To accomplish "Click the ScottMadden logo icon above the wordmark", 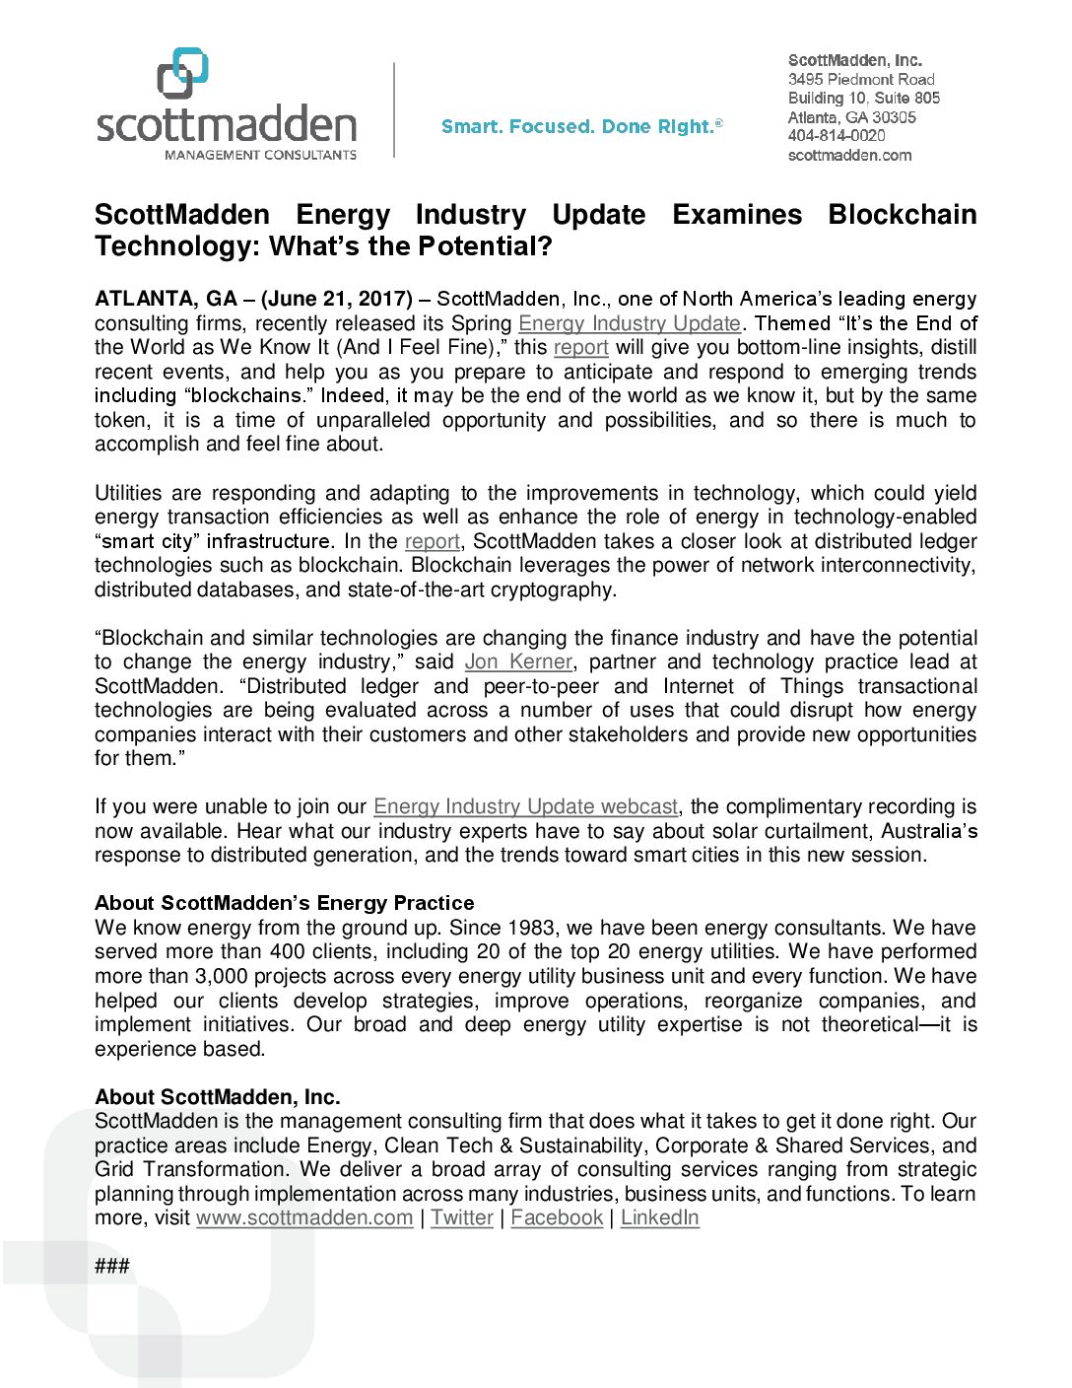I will [x=183, y=73].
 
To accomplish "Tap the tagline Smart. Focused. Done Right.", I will [x=581, y=126].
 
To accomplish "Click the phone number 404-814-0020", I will [x=837, y=136].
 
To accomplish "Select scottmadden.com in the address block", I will [x=849, y=155].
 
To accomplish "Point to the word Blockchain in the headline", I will [x=902, y=215].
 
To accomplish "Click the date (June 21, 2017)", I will [x=337, y=299].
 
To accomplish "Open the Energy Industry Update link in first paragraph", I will [x=629, y=323].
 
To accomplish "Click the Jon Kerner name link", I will [x=518, y=661].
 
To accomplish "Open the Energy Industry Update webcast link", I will [x=525, y=806].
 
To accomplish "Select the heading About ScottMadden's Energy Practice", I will [x=284, y=903].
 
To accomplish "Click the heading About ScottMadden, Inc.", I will [x=217, y=1097].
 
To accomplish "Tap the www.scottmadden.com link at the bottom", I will [x=304, y=1217].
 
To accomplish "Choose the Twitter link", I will [x=462, y=1217].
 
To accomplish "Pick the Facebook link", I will [x=557, y=1217].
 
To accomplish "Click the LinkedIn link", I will [x=659, y=1217].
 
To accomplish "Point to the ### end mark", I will [x=111, y=1267].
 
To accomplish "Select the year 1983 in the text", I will [x=531, y=928].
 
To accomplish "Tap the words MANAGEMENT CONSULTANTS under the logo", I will [x=260, y=155].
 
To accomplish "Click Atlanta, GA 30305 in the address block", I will [x=851, y=117].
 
